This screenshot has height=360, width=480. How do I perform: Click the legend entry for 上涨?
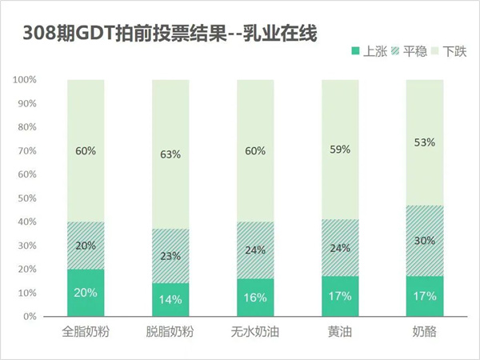tap(375, 52)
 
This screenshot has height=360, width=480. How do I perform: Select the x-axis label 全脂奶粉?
tap(86, 331)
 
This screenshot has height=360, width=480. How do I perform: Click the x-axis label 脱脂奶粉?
tap(171, 331)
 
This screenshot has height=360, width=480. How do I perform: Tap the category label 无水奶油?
tap(257, 331)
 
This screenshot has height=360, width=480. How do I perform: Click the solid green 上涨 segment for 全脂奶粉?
tap(86, 304)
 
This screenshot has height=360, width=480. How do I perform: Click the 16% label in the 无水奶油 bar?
tap(257, 298)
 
